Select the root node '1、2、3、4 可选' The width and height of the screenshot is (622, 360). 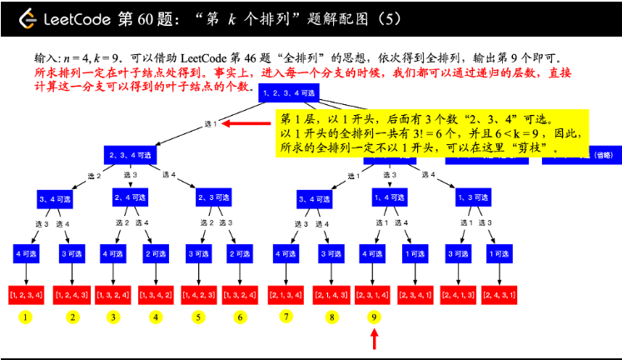pos(287,93)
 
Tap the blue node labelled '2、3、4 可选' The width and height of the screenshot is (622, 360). pos(130,155)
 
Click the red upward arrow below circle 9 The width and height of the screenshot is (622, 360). pos(375,338)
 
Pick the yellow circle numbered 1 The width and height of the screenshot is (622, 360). pos(27,317)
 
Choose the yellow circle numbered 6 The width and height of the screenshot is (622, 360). pos(240,317)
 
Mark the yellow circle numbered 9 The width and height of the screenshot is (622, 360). pos(375,317)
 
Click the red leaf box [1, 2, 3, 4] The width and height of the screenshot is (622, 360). pos(27,293)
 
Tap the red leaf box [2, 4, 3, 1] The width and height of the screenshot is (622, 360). pos(500,293)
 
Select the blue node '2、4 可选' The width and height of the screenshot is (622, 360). pos(130,197)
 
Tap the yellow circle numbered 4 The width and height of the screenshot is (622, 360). pos(156,317)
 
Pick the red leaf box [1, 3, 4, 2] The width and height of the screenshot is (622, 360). pos(156,293)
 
